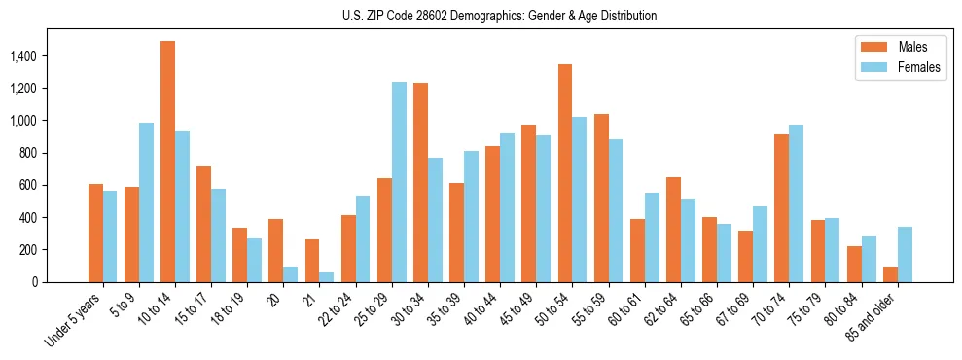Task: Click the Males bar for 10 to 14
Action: pos(168,162)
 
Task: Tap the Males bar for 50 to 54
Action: pos(565,173)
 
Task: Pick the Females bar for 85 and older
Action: pos(905,254)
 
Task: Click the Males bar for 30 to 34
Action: pos(420,182)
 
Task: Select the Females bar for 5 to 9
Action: pos(147,202)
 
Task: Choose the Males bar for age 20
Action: pos(276,250)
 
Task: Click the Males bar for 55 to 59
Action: pos(601,198)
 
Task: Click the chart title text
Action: pos(499,16)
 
